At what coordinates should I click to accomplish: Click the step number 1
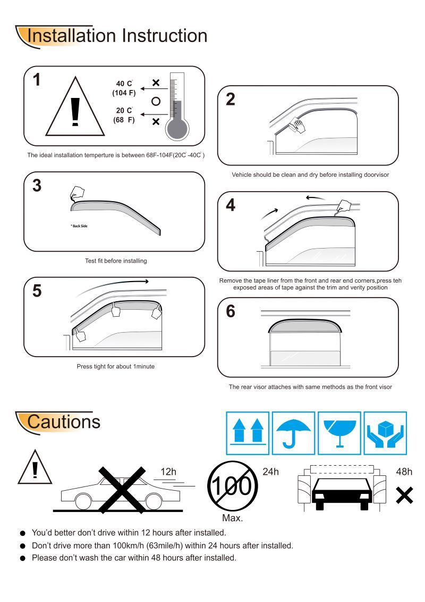coord(36,80)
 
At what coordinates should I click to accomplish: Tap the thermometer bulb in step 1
coord(176,128)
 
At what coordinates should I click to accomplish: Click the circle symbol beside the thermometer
coord(156,102)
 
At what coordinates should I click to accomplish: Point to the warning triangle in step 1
coord(74,108)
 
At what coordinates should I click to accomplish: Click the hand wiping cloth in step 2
coord(299,126)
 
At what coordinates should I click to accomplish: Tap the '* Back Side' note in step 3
coord(79,226)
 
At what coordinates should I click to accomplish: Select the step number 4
coord(230,205)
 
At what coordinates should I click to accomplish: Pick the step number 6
coord(230,311)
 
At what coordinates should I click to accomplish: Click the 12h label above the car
coord(169,472)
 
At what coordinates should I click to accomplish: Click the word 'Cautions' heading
coord(63,422)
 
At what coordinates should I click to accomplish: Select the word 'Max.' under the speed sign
coord(232,518)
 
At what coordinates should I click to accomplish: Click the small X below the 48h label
coord(404,496)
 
